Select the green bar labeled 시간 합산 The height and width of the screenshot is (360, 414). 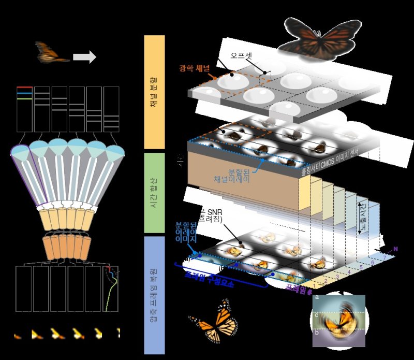[x=154, y=192]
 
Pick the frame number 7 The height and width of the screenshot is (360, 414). [x=385, y=256]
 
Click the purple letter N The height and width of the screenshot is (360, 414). [x=395, y=249]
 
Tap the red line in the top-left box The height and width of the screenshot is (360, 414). [x=25, y=88]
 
